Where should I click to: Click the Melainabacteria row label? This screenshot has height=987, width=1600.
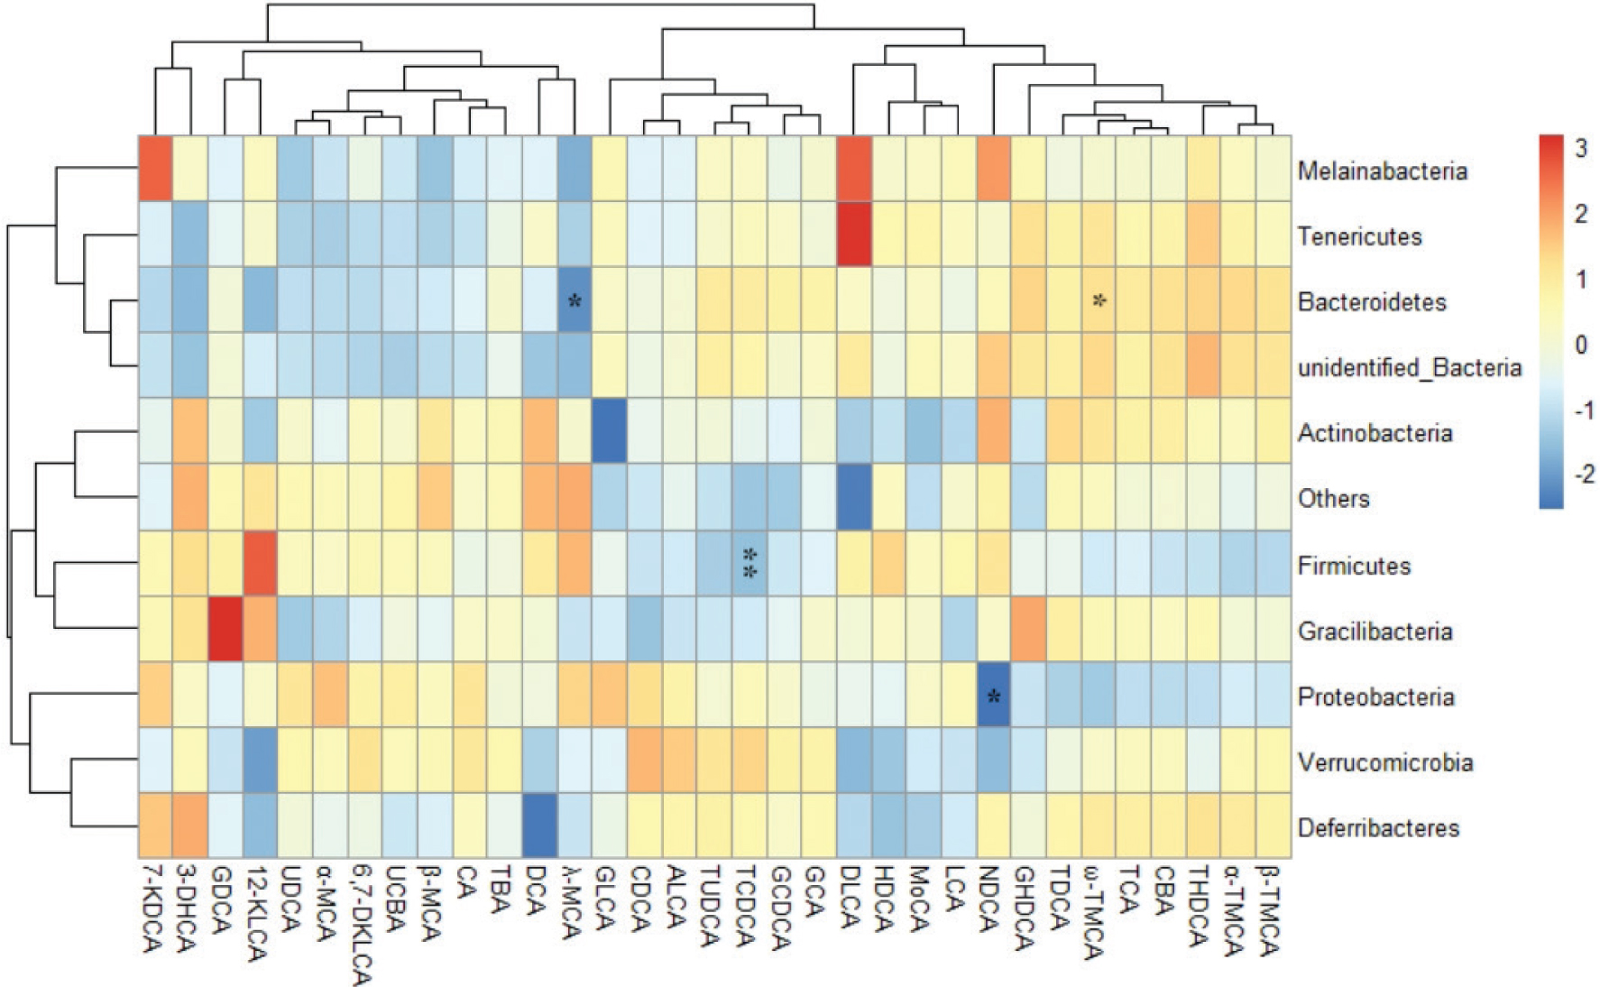[x=1382, y=171]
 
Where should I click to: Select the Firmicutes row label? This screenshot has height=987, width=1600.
[x=1354, y=566]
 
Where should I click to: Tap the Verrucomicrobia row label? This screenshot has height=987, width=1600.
[x=1385, y=762]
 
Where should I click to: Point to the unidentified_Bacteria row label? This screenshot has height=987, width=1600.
[x=1409, y=367]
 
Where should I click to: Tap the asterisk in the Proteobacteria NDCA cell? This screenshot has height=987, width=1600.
[x=994, y=696]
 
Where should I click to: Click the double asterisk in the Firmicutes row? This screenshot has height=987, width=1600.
[x=749, y=563]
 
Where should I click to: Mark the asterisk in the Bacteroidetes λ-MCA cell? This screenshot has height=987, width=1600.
[x=575, y=301]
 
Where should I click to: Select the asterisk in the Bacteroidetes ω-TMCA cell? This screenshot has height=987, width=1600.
[x=1099, y=301]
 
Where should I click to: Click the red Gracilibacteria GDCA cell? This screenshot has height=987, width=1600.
[x=225, y=630]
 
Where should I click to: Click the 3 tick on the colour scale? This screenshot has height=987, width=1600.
[x=1580, y=149]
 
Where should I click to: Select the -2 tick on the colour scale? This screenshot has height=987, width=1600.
[x=1583, y=475]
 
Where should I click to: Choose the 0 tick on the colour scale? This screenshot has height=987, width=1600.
[x=1580, y=345]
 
